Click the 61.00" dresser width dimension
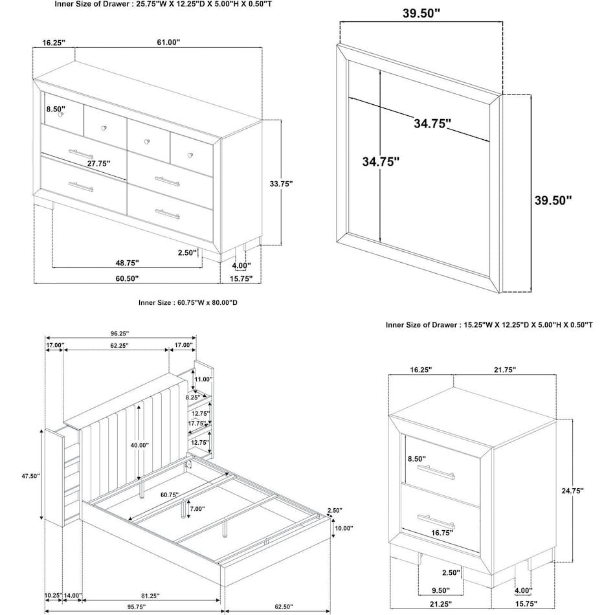pyautogui.click(x=168, y=42)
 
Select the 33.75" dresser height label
pyautogui.click(x=282, y=183)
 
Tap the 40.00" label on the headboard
pyautogui.click(x=139, y=445)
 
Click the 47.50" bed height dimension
pyautogui.click(x=30, y=476)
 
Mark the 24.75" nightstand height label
pyautogui.click(x=572, y=491)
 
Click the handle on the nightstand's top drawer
pyautogui.click(x=436, y=472)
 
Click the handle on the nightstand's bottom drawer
pyautogui.click(x=436, y=520)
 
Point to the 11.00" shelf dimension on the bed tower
pyautogui.click(x=204, y=379)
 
